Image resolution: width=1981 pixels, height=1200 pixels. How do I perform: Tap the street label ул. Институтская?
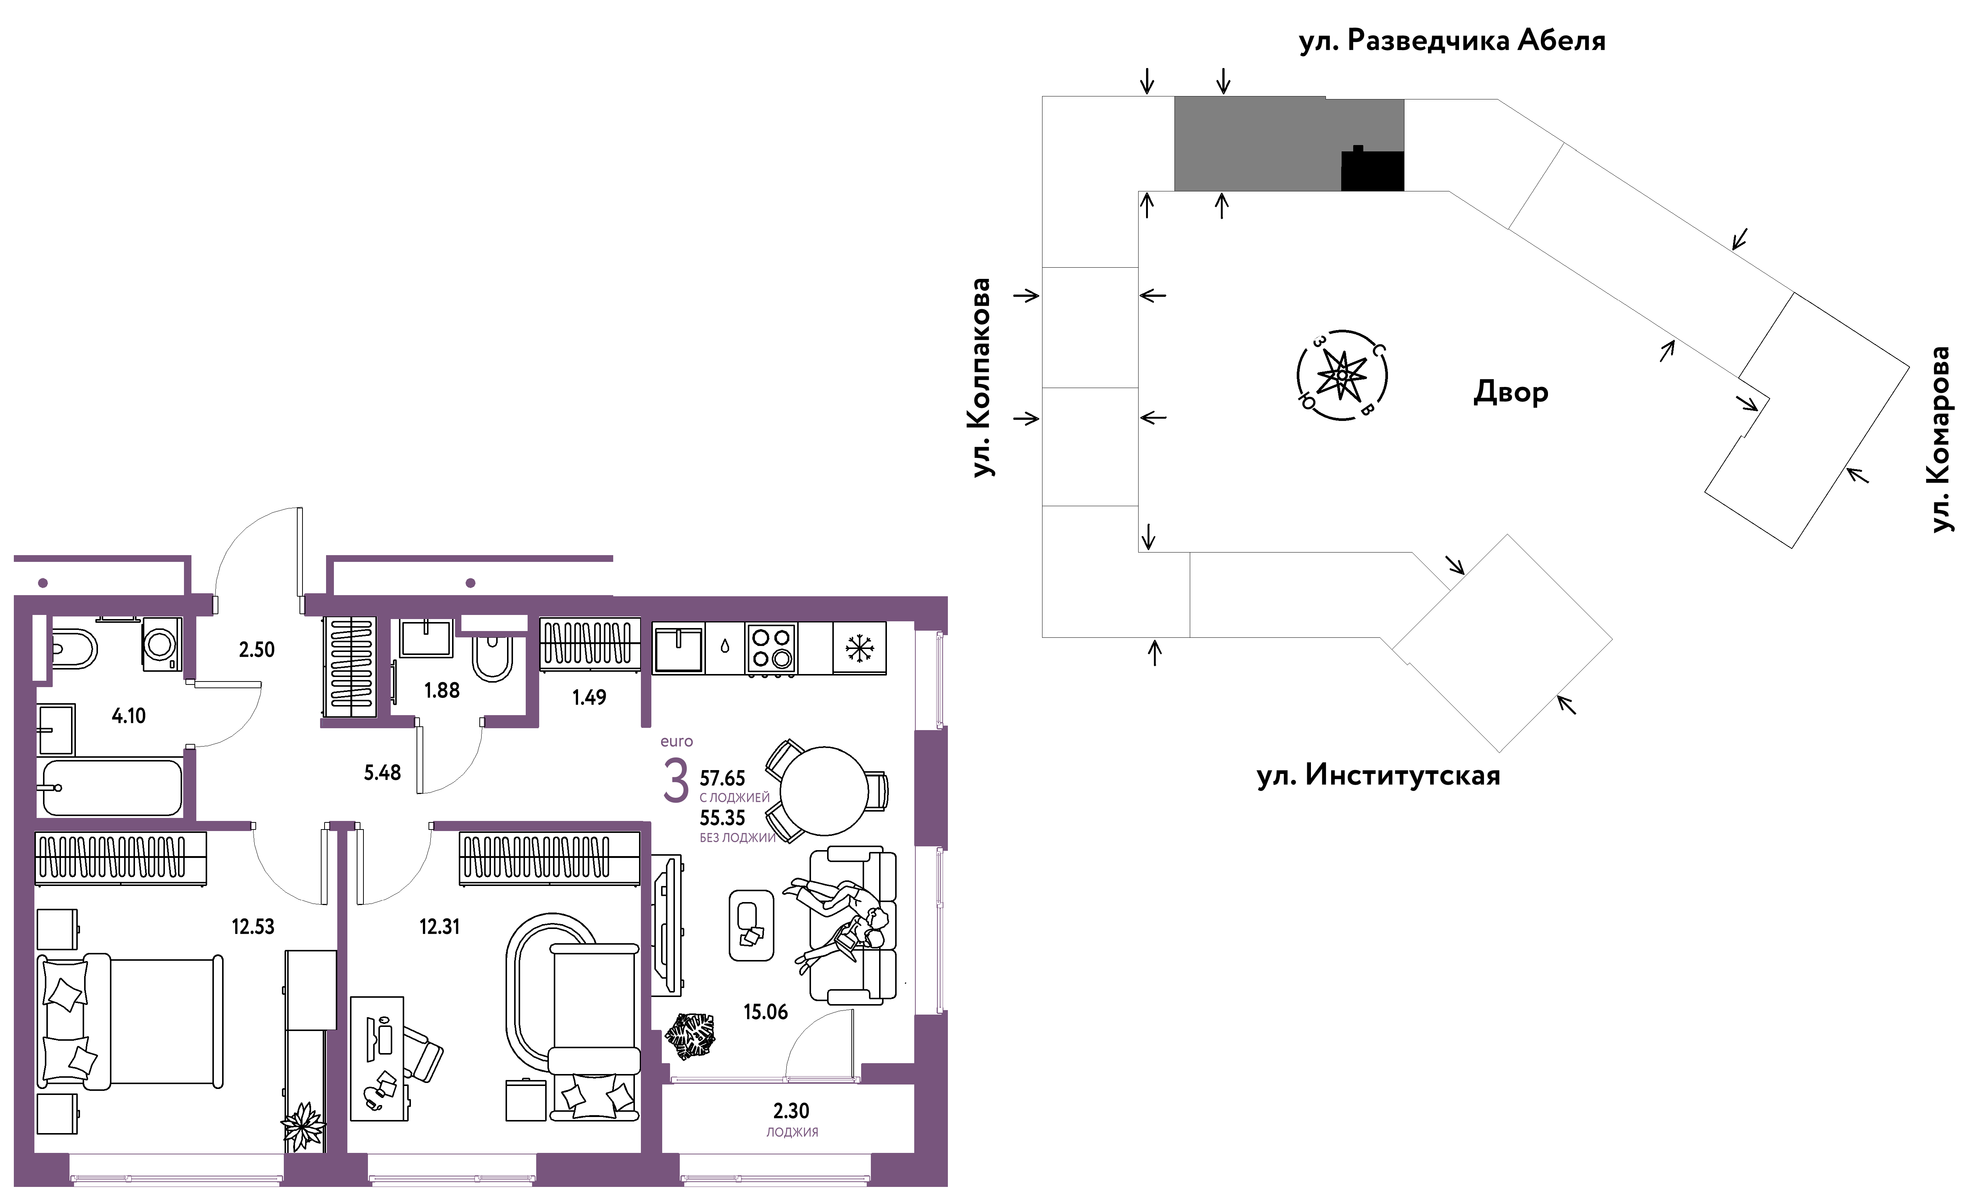coord(1378,776)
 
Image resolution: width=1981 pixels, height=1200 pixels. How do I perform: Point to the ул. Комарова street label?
coord(1941,440)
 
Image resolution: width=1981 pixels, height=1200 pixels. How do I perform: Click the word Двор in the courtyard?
coord(1510,392)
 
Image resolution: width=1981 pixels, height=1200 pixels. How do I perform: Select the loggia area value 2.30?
coord(791,1111)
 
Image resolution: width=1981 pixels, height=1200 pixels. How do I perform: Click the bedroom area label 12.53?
coord(253,927)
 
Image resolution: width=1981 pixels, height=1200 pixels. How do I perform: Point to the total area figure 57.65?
coord(722,778)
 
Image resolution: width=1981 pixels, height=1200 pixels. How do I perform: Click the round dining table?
coord(824,791)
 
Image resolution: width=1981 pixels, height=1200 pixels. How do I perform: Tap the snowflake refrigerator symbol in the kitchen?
coord(860,648)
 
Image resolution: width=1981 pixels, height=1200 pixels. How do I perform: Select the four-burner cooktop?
coord(771,648)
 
